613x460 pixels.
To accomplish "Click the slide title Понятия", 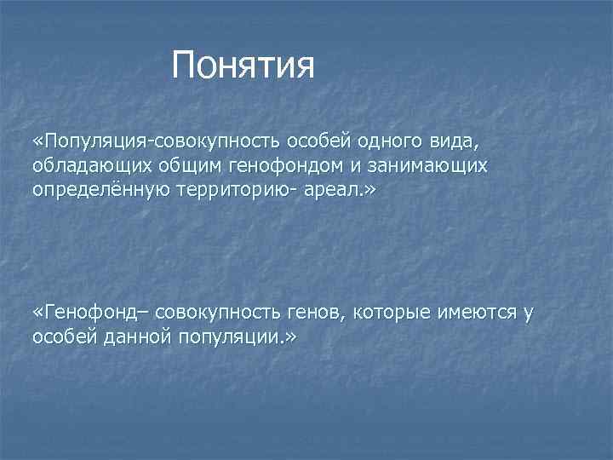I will (x=243, y=66).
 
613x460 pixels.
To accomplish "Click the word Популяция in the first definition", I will (x=91, y=139).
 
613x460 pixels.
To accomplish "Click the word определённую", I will (x=96, y=189).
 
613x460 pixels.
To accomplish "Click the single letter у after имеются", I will (x=528, y=313).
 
